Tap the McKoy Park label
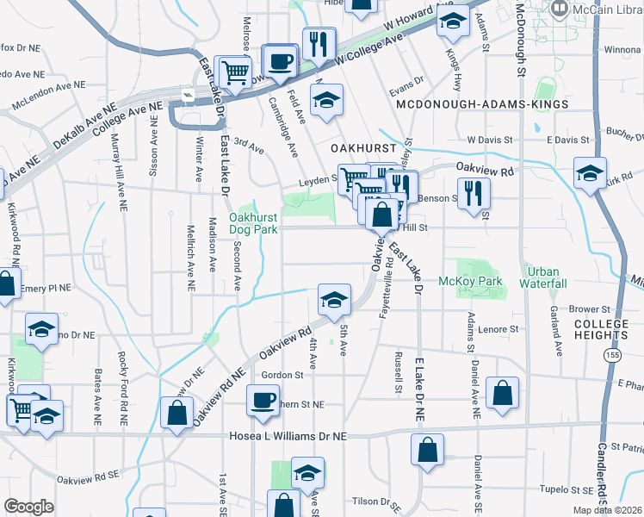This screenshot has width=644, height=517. tap(469, 281)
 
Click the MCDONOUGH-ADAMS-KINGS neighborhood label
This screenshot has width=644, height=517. tap(482, 104)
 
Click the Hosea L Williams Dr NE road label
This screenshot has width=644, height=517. tap(288, 437)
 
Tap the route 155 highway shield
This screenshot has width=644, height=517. tap(611, 354)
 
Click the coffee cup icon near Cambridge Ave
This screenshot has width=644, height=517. tap(279, 62)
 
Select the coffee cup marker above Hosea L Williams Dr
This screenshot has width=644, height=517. tap(263, 400)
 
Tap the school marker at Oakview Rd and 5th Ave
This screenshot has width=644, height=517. tap(334, 299)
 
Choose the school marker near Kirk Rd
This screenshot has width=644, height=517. tap(591, 173)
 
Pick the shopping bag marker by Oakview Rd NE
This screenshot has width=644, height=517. tap(176, 412)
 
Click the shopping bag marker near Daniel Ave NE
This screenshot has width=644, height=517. tap(503, 392)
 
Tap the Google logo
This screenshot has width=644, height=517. tap(29, 507)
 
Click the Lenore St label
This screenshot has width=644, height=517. tap(501, 329)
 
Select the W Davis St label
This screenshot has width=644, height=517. tap(490, 139)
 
